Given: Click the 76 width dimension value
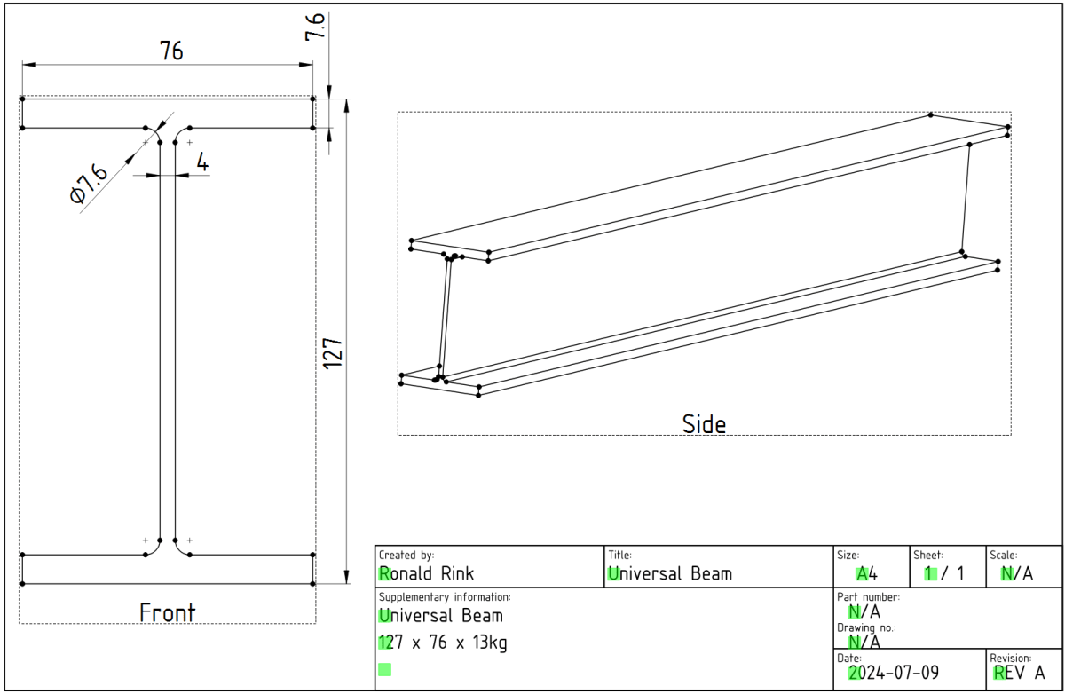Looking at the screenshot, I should click(171, 51).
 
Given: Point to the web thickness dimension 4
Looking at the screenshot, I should click(202, 162).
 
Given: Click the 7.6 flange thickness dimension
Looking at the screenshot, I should click(315, 27).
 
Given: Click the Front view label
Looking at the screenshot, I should click(167, 612).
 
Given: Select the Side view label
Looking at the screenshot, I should click(704, 423).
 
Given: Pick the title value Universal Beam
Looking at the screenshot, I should click(670, 573).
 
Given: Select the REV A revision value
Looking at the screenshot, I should click(1019, 673).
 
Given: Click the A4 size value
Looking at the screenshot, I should click(866, 573).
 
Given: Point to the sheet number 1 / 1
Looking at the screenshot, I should click(944, 573).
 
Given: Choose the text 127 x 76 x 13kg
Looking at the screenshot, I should click(443, 643).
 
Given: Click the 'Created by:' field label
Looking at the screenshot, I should click(406, 555).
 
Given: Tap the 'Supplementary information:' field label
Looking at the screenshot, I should click(445, 596).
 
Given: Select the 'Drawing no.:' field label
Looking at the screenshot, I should click(866, 627).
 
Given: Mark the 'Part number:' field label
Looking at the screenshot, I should click(868, 596).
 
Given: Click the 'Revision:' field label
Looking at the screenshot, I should click(1011, 658).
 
